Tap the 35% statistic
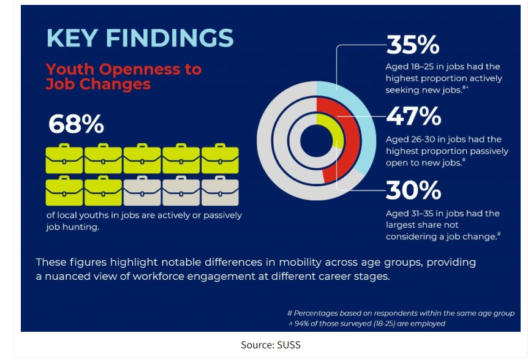pyautogui.click(x=412, y=45)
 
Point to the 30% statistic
pyautogui.click(x=413, y=190)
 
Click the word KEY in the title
pyautogui.click(x=72, y=38)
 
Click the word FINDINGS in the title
pyautogui.click(x=170, y=38)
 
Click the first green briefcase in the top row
pyautogui.click(x=64, y=159)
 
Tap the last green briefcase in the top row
pyautogui.click(x=220, y=159)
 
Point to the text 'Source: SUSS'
pyautogui.click(x=271, y=345)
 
